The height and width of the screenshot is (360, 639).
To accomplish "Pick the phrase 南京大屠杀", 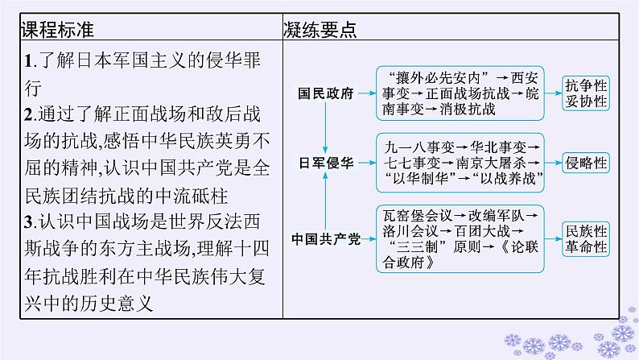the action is [497, 163].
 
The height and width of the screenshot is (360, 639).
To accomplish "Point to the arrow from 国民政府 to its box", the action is [365, 93].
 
